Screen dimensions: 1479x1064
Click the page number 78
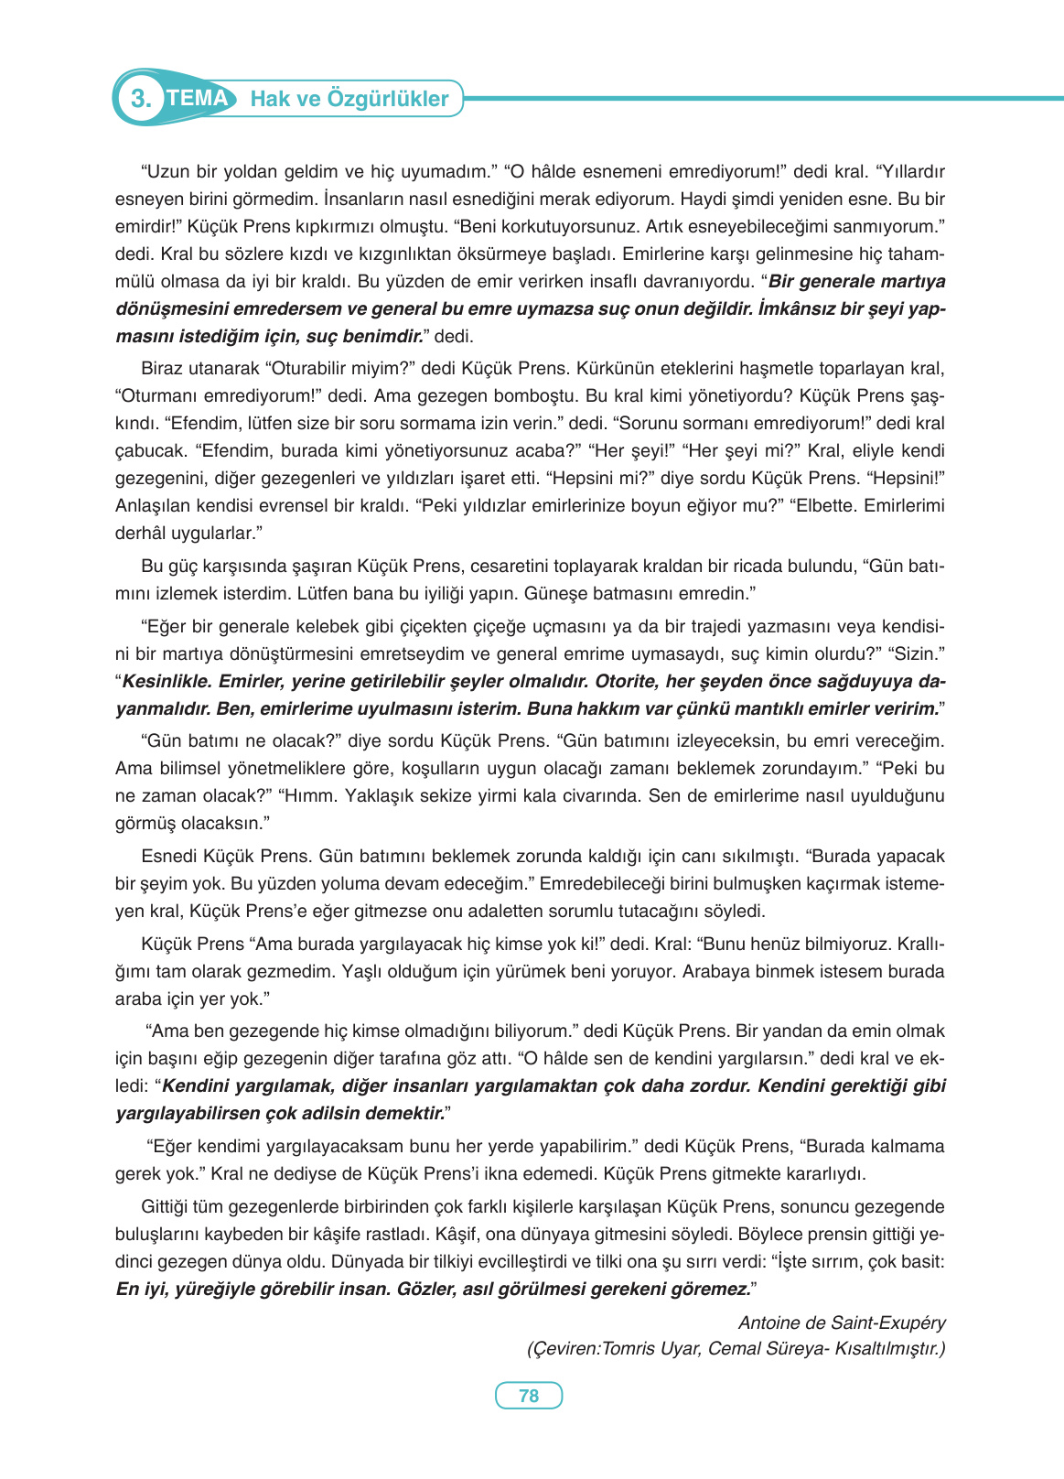(x=529, y=1396)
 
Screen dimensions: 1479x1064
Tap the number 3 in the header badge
(x=140, y=99)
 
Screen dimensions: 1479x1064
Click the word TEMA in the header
(x=198, y=98)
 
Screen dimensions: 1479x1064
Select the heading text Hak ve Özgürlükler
(x=349, y=99)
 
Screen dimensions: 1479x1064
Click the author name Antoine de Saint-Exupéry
(x=842, y=1322)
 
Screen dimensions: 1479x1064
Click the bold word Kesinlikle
(x=167, y=682)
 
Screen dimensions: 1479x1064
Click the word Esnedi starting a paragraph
(x=169, y=857)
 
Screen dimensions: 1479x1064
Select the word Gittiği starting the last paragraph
(x=168, y=1207)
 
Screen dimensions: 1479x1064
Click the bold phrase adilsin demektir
(x=355, y=1114)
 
